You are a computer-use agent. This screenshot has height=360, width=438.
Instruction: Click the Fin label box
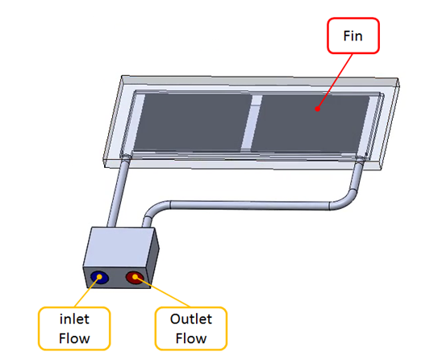(353, 36)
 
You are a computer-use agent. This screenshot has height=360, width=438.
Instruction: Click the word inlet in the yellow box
(74, 319)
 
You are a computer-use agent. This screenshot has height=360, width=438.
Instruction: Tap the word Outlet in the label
(191, 319)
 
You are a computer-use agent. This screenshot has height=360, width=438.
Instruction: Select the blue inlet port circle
(99, 278)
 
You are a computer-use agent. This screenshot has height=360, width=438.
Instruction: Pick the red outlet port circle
(135, 278)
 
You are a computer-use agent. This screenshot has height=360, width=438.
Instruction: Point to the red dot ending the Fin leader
(317, 109)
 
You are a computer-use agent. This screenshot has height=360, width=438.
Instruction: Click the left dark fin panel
(192, 122)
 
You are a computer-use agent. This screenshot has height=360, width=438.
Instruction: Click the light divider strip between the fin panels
(252, 123)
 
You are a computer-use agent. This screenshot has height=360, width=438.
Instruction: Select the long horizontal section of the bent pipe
(250, 205)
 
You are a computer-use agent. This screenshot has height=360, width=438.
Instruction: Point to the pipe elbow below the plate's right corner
(345, 200)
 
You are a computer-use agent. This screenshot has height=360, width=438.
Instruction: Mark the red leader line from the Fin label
(335, 82)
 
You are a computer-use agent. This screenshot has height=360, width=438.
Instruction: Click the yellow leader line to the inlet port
(87, 292)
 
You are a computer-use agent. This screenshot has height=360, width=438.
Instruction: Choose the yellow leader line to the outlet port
(162, 291)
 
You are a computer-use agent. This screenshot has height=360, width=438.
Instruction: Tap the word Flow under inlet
(74, 338)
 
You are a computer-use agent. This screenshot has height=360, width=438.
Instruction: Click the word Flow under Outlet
(191, 338)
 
